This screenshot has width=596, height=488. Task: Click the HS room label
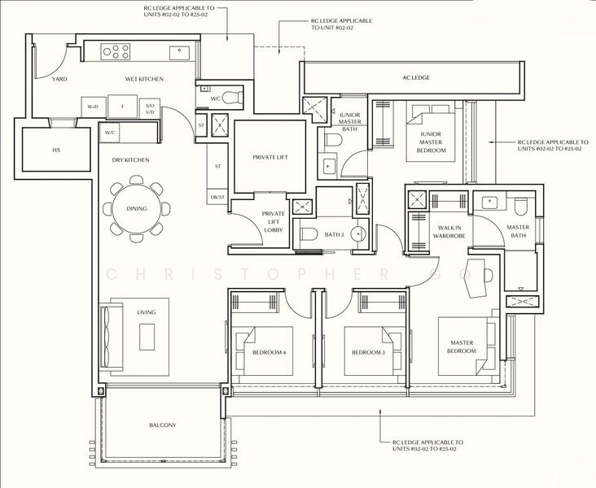click(x=56, y=150)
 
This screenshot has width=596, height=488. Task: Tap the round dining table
click(x=137, y=208)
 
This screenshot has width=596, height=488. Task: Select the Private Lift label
click(x=270, y=157)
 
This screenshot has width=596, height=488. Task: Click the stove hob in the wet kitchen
click(x=116, y=52)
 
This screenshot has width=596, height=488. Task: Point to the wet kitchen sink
click(x=179, y=53)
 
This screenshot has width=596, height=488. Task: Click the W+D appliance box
click(x=93, y=107)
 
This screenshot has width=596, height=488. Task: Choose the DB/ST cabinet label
click(x=217, y=197)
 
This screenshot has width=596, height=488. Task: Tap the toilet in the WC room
click(x=232, y=98)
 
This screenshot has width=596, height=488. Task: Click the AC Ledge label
click(x=416, y=77)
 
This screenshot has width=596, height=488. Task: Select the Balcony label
click(x=163, y=425)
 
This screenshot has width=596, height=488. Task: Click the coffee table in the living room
click(x=147, y=337)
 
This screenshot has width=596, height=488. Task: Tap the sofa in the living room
click(x=111, y=337)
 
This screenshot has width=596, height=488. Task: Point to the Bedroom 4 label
click(x=270, y=352)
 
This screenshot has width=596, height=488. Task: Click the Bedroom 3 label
click(x=368, y=352)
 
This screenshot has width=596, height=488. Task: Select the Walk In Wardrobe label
click(x=449, y=232)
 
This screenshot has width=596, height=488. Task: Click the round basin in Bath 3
click(x=358, y=233)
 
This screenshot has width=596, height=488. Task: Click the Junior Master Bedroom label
click(x=431, y=142)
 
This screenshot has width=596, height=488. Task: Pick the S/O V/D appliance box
click(x=150, y=109)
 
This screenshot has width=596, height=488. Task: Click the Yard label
click(x=59, y=79)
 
